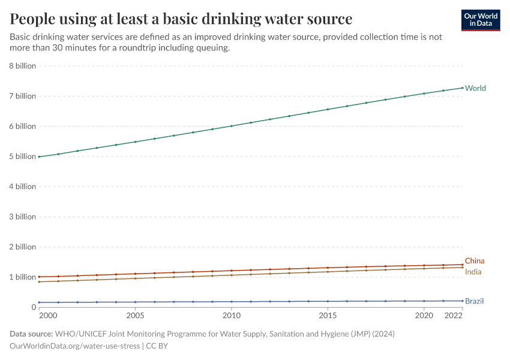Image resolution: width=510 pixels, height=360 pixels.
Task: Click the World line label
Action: point(475,88)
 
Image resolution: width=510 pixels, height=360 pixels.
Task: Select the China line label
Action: point(474,261)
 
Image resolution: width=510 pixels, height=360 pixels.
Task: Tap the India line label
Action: point(473,272)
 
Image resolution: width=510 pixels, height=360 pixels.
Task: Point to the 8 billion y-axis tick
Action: point(22,66)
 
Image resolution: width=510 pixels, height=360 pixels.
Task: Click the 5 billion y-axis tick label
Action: point(22,157)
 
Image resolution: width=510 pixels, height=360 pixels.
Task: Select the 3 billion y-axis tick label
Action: point(22,217)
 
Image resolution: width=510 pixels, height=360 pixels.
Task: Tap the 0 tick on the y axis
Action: point(34,307)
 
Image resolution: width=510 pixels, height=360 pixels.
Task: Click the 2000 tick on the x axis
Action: point(48,315)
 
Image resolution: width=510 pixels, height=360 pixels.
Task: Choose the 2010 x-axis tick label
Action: point(231,315)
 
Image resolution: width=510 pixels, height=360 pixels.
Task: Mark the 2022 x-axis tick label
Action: point(454,315)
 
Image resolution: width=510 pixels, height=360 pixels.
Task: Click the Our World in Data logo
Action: point(480,20)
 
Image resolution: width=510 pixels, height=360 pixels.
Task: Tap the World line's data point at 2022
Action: point(462,88)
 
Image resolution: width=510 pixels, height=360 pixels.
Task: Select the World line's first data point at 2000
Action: point(39,157)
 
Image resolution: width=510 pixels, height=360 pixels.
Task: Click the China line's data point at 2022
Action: point(462,265)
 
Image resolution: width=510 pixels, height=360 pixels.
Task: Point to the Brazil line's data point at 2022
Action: point(462,301)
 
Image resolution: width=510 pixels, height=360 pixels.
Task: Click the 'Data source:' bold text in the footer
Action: point(31,334)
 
